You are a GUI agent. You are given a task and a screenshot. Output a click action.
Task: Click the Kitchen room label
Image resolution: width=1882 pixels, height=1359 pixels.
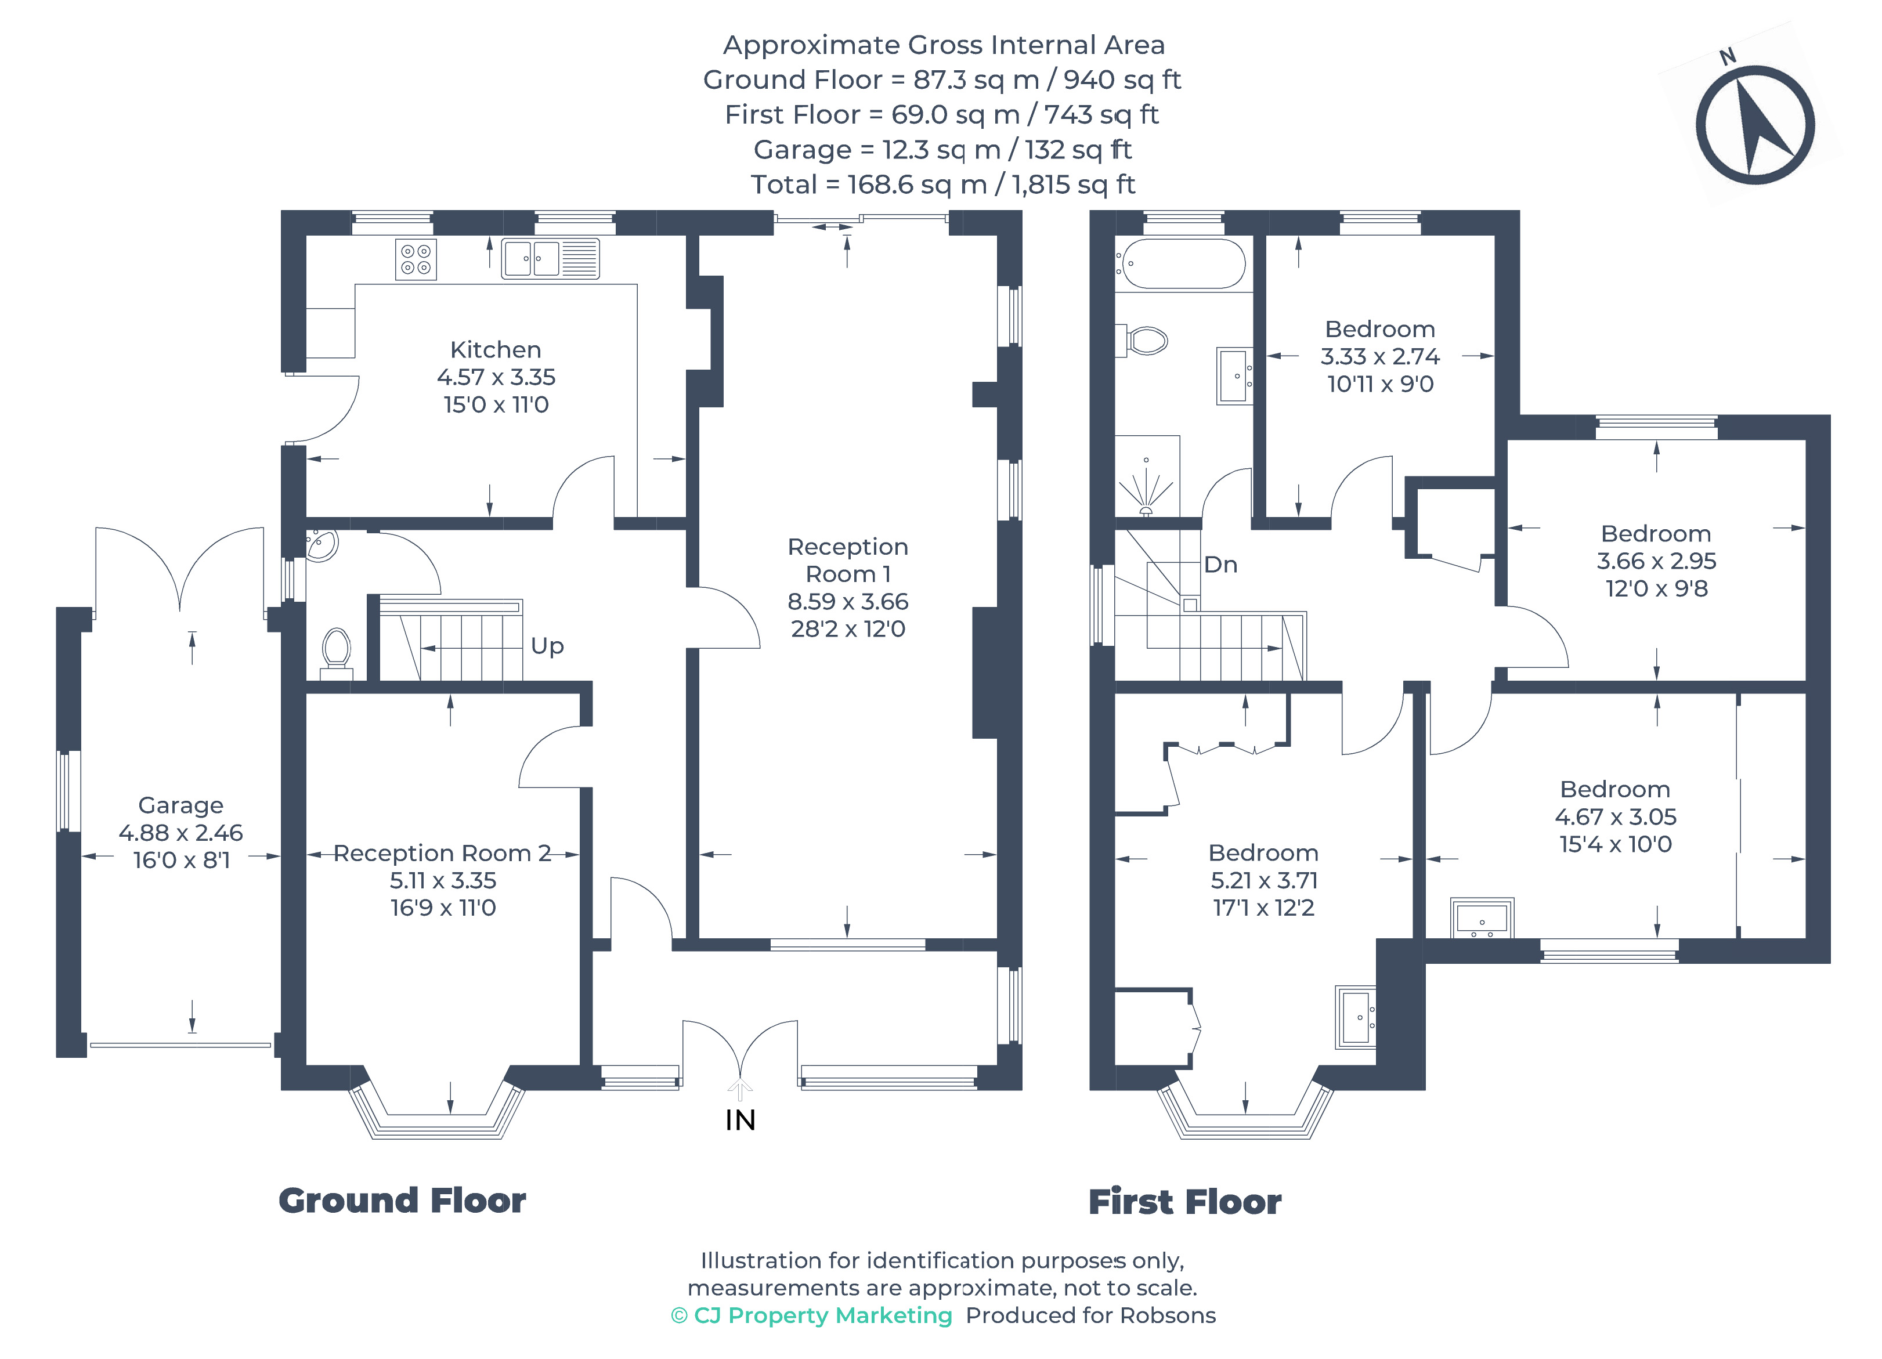(496, 349)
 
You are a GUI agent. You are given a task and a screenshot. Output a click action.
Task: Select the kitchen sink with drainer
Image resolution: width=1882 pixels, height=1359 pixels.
(550, 258)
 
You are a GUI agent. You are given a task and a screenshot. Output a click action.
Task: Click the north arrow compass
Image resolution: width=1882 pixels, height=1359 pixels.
(1754, 124)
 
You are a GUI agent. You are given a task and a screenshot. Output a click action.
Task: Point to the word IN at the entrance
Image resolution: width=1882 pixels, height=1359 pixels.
(740, 1120)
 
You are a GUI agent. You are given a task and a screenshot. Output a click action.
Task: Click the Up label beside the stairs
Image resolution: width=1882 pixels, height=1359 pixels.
(547, 645)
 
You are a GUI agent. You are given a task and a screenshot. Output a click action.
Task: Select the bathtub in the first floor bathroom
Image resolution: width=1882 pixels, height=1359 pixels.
(1181, 264)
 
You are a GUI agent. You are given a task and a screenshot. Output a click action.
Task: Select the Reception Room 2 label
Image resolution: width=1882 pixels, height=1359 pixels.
(442, 853)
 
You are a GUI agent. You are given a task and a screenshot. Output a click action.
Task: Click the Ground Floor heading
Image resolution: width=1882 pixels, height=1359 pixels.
(402, 1201)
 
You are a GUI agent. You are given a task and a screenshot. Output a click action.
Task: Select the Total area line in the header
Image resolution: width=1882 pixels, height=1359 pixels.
(942, 184)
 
